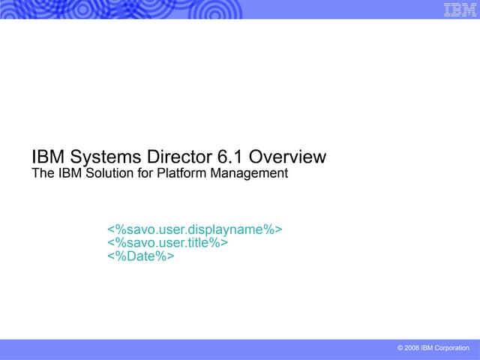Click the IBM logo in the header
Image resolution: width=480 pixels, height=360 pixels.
coord(459,9)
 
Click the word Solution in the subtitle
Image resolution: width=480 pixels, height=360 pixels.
coord(106,174)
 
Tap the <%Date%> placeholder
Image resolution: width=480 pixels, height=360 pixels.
coord(141,256)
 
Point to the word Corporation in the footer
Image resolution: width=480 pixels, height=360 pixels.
coord(454,349)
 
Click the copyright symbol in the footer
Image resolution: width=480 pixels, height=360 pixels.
coord(401,349)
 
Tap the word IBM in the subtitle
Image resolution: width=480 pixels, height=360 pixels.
coord(68,174)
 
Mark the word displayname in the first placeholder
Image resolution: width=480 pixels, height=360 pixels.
coord(229,229)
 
